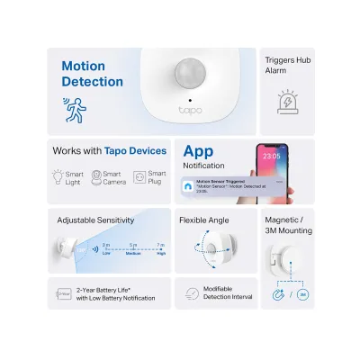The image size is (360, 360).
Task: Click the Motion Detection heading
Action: (x=92, y=74)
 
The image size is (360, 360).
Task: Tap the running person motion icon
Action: (x=75, y=108)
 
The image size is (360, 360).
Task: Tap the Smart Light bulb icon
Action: (x=58, y=177)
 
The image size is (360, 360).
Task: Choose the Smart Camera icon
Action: (x=94, y=177)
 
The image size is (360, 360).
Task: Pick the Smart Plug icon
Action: (x=139, y=177)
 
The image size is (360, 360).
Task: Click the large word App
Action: (x=199, y=151)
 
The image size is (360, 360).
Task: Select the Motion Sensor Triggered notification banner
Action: (x=238, y=185)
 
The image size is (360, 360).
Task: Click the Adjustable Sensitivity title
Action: (x=95, y=220)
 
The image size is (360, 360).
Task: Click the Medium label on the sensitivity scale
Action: (x=133, y=253)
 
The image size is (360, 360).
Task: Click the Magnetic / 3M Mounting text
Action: (x=289, y=224)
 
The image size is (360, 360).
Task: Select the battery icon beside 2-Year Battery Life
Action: (x=64, y=292)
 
